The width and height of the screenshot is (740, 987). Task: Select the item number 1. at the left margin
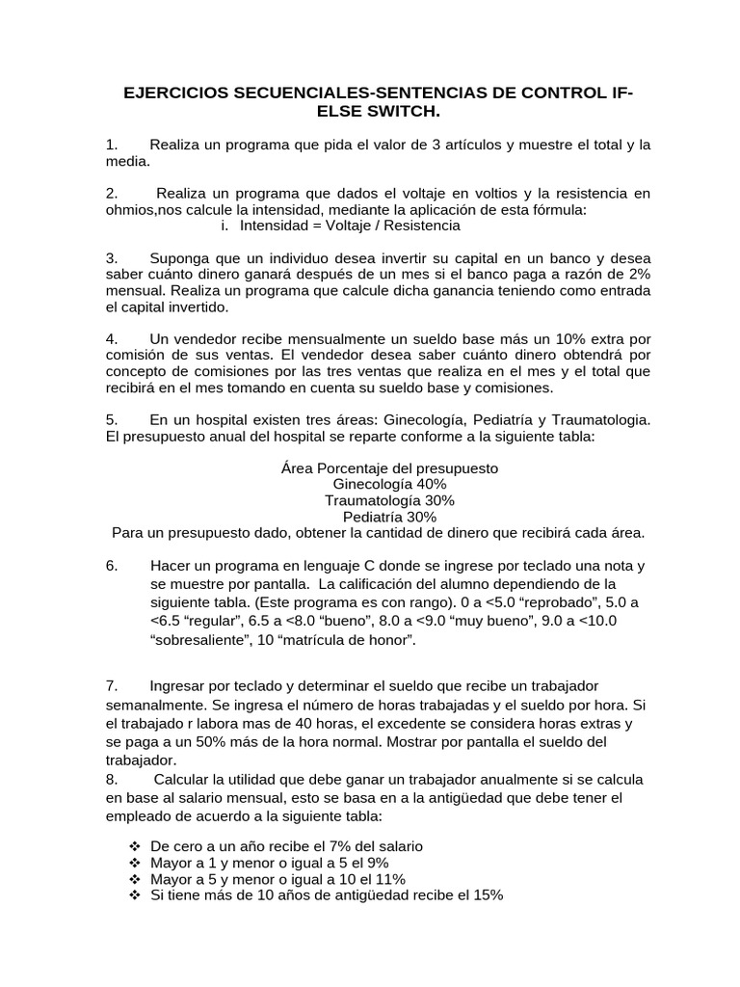112,145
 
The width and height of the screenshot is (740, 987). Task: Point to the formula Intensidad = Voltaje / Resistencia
349,226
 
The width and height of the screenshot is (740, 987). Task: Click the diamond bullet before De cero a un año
136,846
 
